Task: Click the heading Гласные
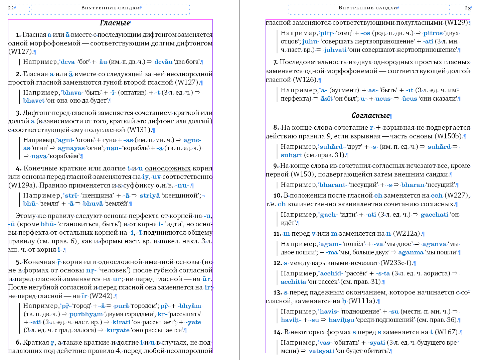pyautogui.click(x=115, y=23)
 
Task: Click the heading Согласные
pyautogui.click(x=370, y=116)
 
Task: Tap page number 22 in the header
pyautogui.click(x=11, y=8)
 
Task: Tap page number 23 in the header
pyautogui.click(x=468, y=8)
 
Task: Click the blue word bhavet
pyautogui.click(x=34, y=101)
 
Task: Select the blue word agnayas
pyautogui.click(x=71, y=148)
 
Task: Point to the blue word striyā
pyautogui.click(x=150, y=196)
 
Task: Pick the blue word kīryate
pyautogui.click(x=118, y=330)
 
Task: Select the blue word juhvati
pyautogui.click(x=335, y=50)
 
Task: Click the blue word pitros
pyautogui.click(x=433, y=33)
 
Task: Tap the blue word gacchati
pyautogui.click(x=434, y=215)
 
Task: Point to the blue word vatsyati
pyautogui.click(x=321, y=351)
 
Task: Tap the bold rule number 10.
pyautogui.click(x=278, y=196)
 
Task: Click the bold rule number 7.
pyautogui.click(x=276, y=62)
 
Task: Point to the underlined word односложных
pyautogui.click(x=168, y=168)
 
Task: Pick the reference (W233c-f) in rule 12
pyautogui.click(x=397, y=263)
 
